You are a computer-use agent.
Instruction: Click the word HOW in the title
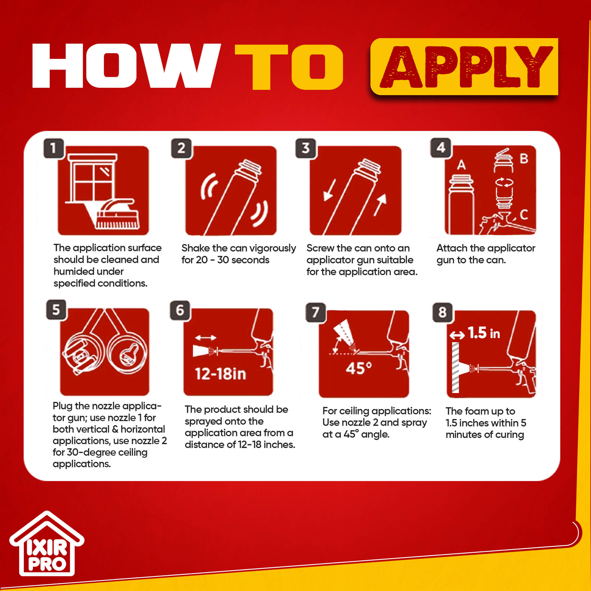tap(126, 66)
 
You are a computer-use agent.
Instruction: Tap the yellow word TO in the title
tap(289, 67)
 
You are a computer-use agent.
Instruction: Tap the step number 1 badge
tap(53, 148)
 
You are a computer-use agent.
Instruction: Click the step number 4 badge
tap(441, 148)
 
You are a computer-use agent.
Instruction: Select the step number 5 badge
tap(56, 310)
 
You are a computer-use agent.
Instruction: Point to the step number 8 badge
tap(442, 312)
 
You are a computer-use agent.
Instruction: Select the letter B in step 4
tap(524, 158)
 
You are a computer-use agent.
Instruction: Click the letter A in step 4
tap(461, 165)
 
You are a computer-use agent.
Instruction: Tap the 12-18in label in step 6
tap(220, 374)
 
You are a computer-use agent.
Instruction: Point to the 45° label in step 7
tap(359, 368)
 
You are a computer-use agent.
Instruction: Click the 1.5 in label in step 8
tap(484, 333)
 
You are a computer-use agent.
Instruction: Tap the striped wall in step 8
tap(455, 367)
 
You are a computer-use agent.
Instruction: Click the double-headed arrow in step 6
tap(206, 338)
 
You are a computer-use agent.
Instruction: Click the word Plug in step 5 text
tap(63, 407)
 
